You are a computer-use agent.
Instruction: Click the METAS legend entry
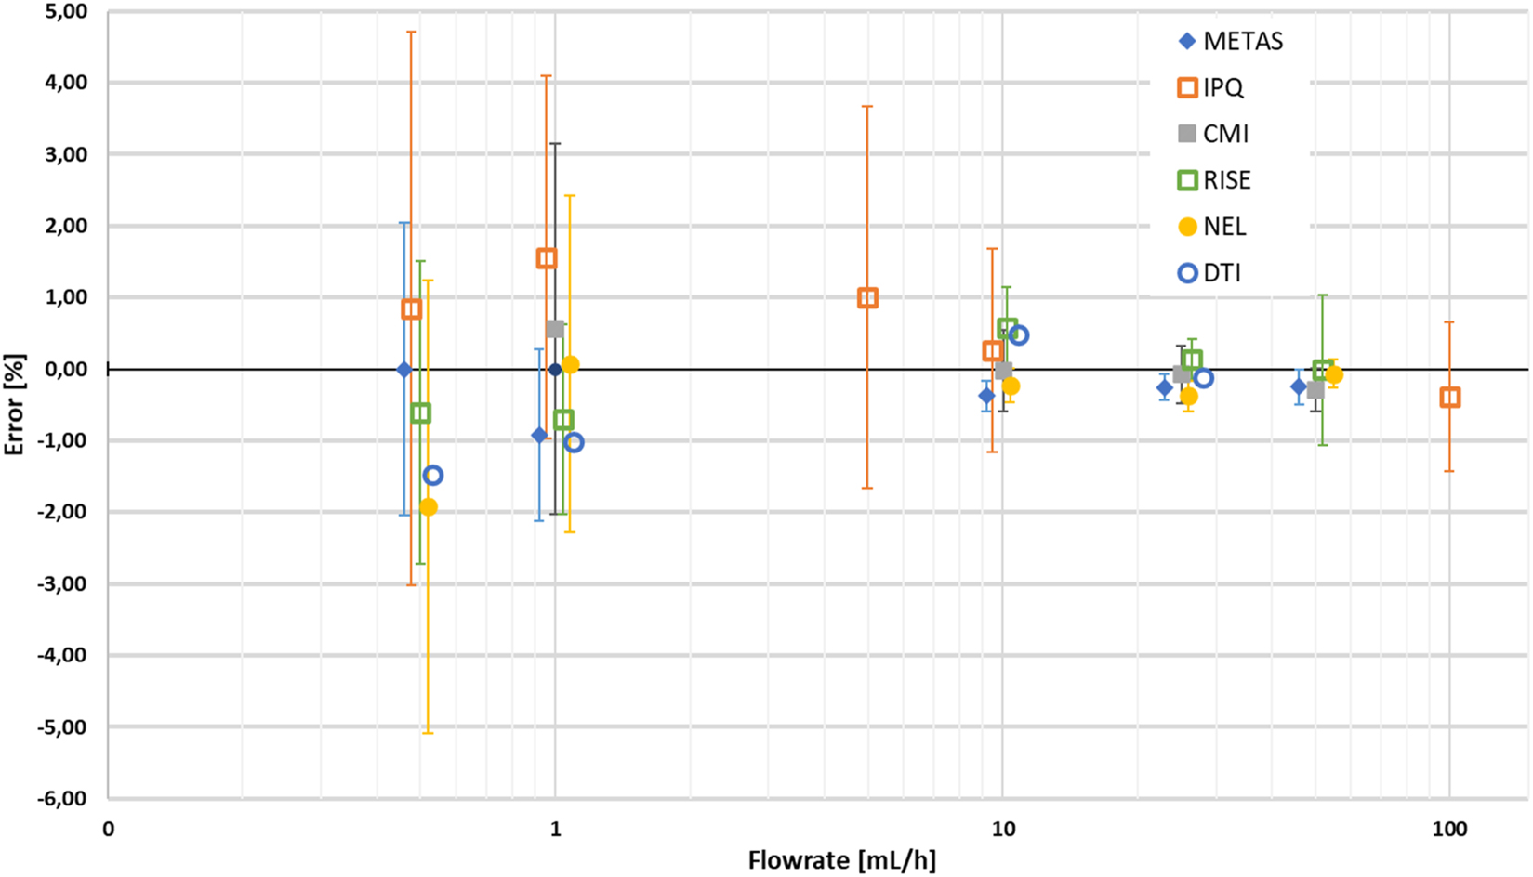pyautogui.click(x=1230, y=41)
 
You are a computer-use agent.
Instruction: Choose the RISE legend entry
pyautogui.click(x=1214, y=180)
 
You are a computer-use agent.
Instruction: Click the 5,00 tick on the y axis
pyautogui.click(x=65, y=12)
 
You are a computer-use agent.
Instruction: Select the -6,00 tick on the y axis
pyautogui.click(x=62, y=798)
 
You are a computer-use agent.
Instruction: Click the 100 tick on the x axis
pyautogui.click(x=1449, y=829)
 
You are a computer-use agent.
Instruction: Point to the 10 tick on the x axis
pyautogui.click(x=1002, y=829)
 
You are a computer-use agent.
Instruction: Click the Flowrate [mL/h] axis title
pyautogui.click(x=841, y=860)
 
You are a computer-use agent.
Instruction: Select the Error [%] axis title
pyautogui.click(x=14, y=405)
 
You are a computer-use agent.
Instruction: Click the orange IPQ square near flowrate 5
pyautogui.click(x=867, y=298)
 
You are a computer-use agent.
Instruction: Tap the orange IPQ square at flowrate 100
pyautogui.click(x=1449, y=398)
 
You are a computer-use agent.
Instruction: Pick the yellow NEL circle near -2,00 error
pyautogui.click(x=428, y=507)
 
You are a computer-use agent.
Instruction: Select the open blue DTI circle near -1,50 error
pyautogui.click(x=432, y=476)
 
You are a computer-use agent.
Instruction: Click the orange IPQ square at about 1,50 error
pyautogui.click(x=547, y=258)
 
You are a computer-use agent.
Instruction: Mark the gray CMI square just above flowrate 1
pyautogui.click(x=555, y=329)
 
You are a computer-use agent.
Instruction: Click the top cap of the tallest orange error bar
pyautogui.click(x=411, y=32)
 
